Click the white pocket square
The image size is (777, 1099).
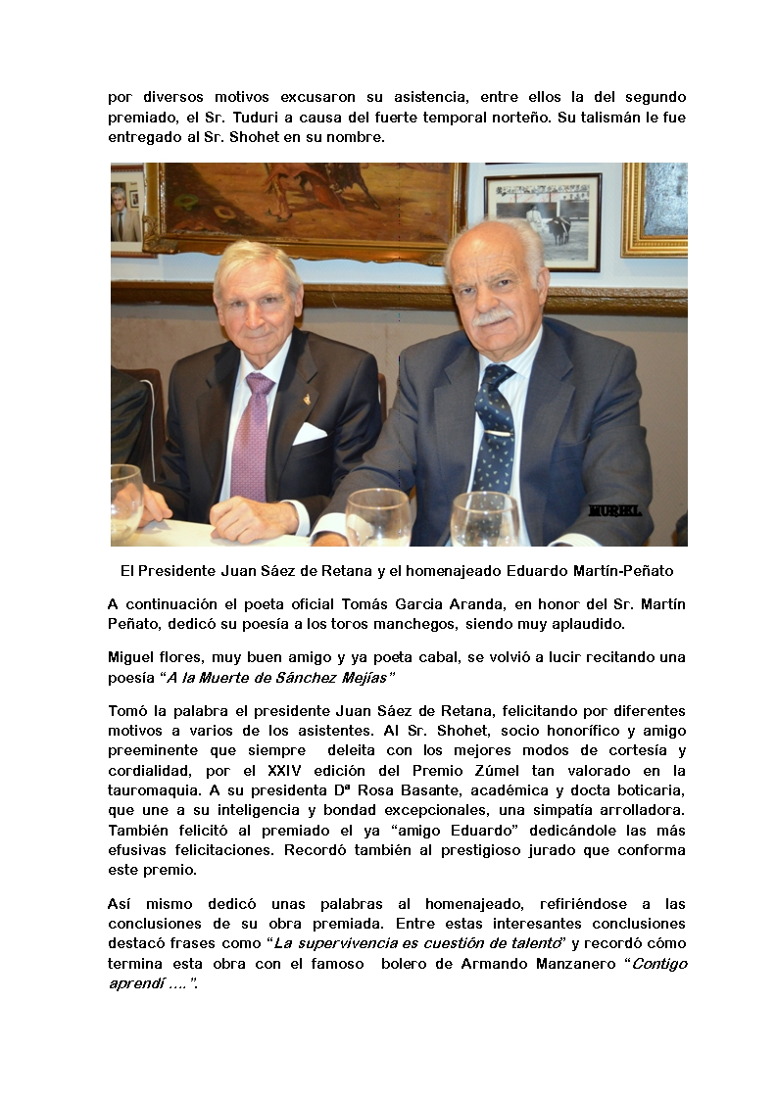pos(309,432)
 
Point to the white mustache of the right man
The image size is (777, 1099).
pos(492,317)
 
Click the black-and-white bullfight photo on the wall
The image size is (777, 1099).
pos(543,220)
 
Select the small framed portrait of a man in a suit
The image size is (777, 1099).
pos(125,211)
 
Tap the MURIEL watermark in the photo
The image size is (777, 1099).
pos(614,510)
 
